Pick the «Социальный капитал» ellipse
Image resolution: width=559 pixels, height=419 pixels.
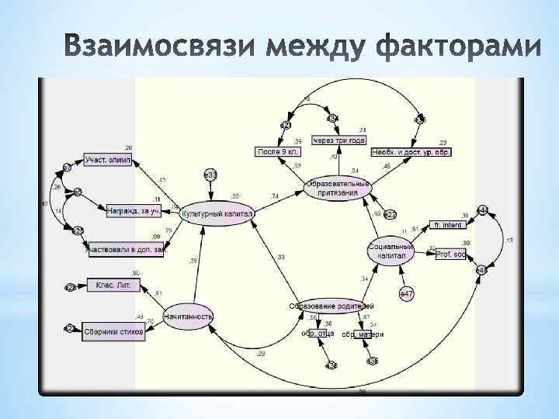(x=387, y=251)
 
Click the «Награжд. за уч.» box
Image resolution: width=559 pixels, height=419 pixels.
(x=134, y=209)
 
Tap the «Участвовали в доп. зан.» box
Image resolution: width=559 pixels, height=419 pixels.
(x=126, y=249)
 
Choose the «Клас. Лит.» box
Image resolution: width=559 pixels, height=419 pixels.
(x=113, y=285)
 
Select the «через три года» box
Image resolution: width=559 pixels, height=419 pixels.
(x=338, y=140)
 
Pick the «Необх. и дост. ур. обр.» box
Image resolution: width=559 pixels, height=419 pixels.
(x=410, y=151)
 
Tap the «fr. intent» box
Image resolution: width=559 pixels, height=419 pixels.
(x=448, y=225)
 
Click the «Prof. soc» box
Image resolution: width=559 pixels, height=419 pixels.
(x=450, y=254)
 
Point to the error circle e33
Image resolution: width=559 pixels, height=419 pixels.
(x=210, y=175)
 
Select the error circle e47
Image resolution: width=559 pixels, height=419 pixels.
(x=407, y=294)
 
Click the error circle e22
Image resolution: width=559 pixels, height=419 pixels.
(x=390, y=213)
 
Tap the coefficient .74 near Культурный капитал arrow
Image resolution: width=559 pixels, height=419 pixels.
(x=275, y=196)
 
